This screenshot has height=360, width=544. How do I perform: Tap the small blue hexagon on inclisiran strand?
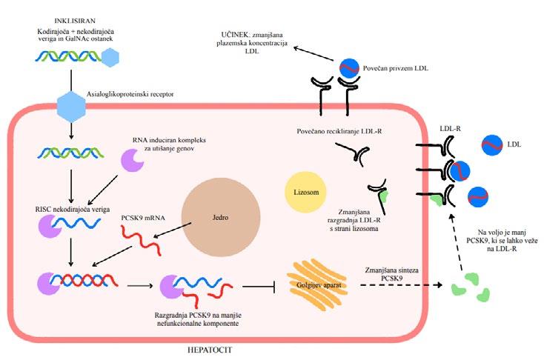(110, 56)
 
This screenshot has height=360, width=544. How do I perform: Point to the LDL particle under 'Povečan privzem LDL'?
(348, 67)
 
